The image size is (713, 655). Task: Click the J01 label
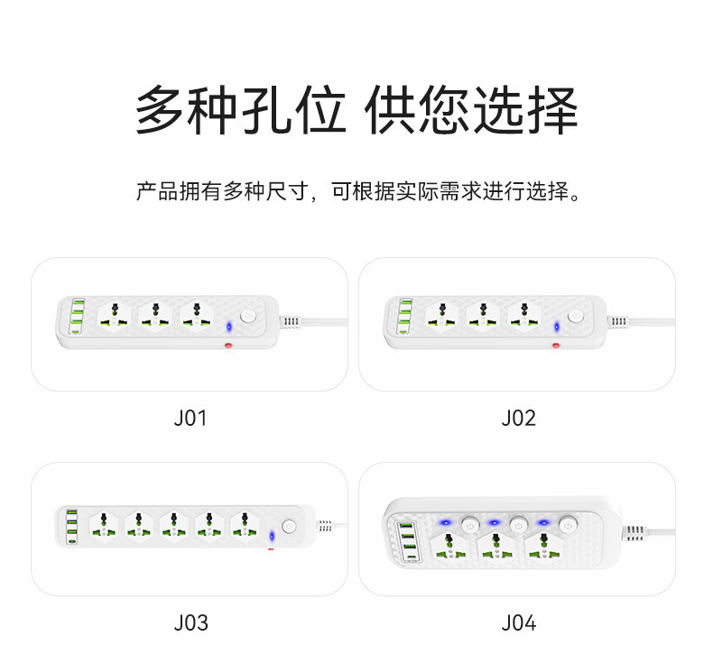click(x=190, y=419)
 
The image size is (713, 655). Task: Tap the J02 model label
click(x=518, y=419)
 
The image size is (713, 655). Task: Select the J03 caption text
click(x=190, y=623)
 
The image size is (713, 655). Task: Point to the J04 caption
click(x=518, y=623)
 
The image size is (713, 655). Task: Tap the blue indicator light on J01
click(x=229, y=326)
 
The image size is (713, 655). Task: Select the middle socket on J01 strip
click(x=156, y=316)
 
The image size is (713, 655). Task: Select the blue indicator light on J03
click(x=272, y=536)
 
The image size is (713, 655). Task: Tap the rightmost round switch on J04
click(x=568, y=523)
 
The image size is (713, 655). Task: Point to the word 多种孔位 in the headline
click(x=240, y=112)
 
